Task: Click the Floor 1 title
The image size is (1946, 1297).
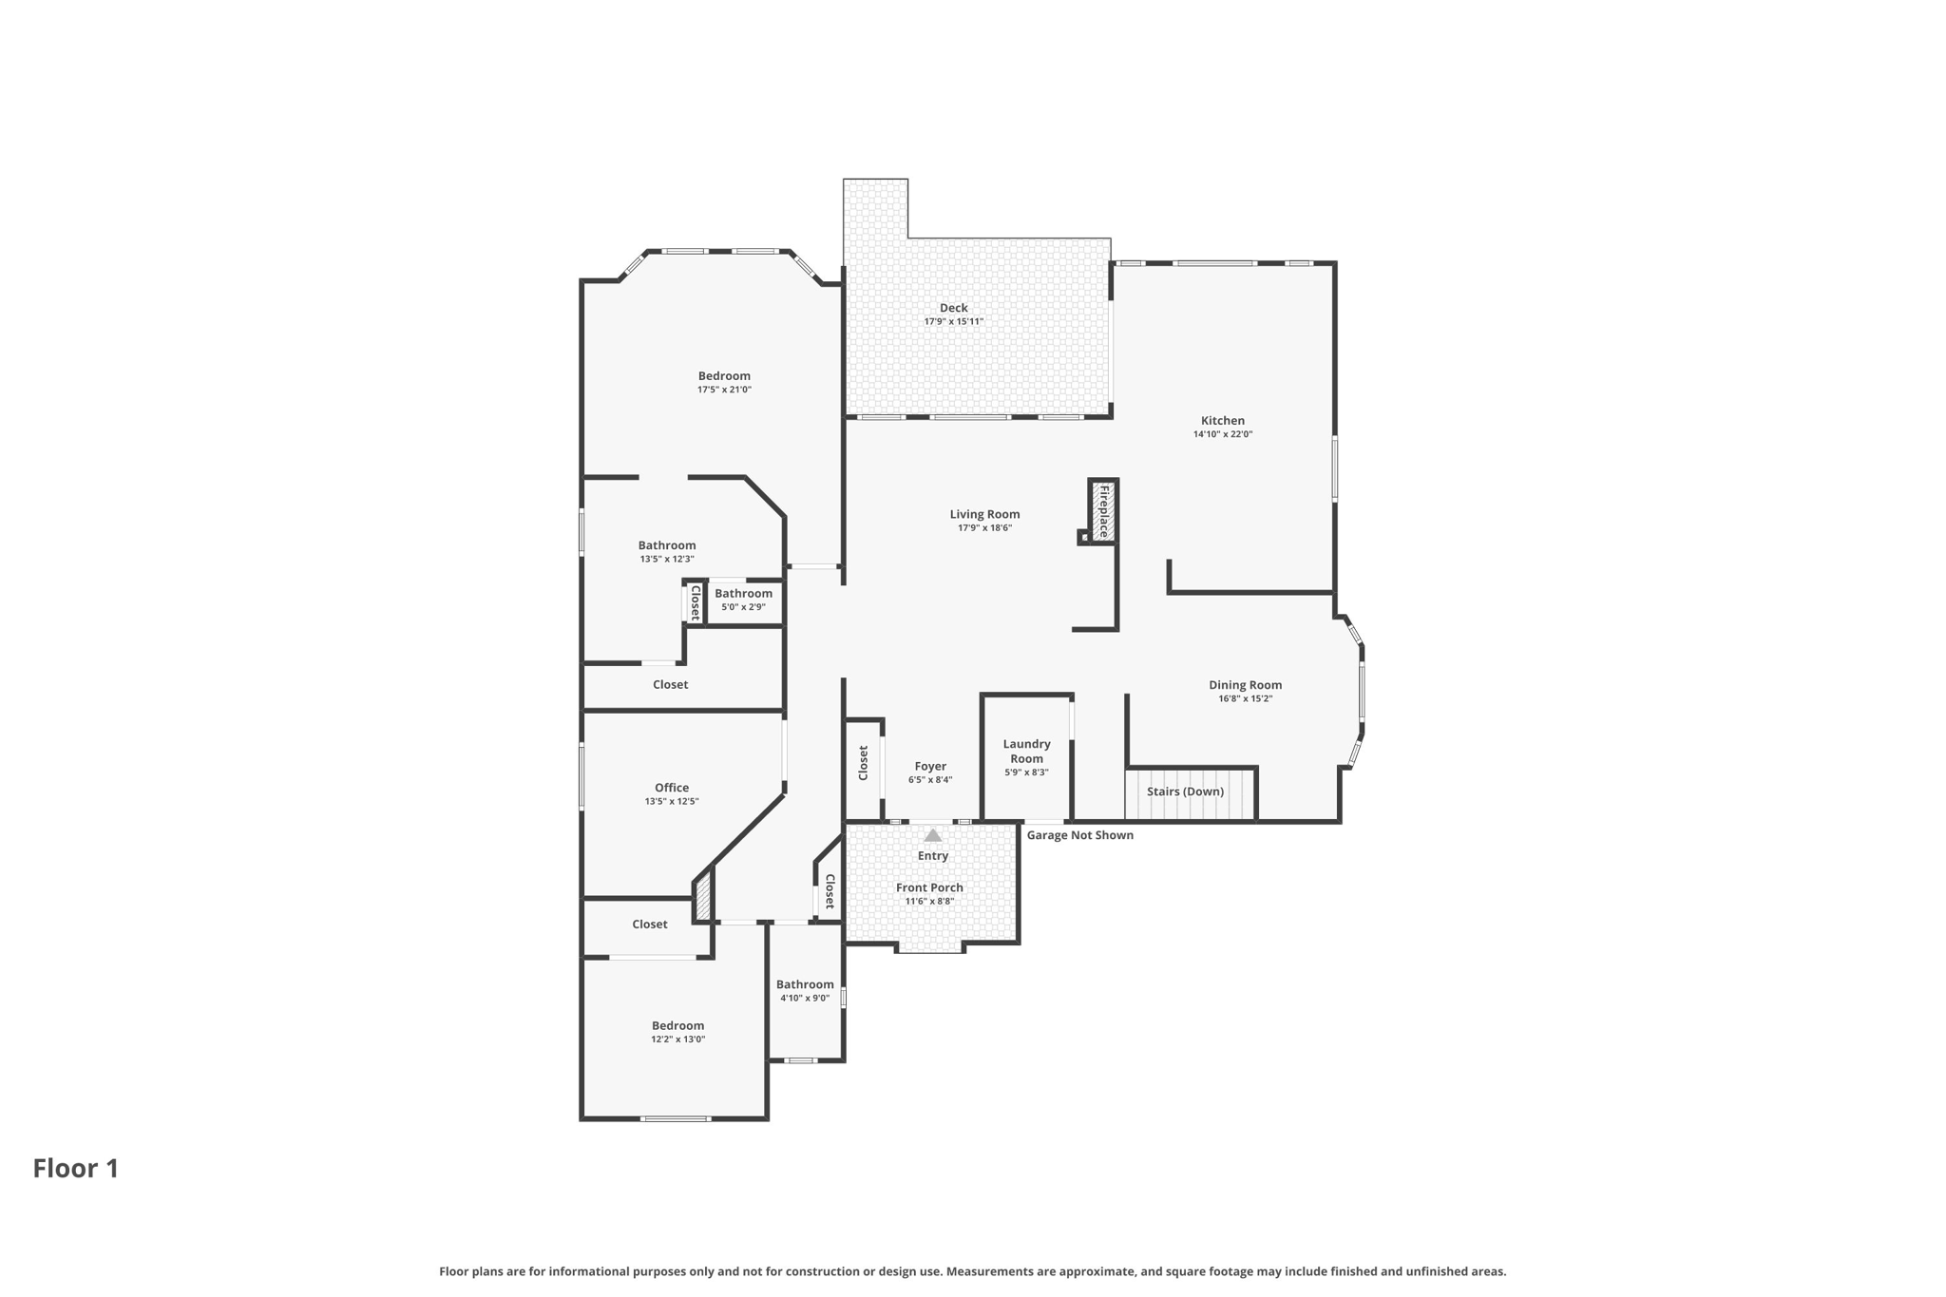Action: click(76, 1169)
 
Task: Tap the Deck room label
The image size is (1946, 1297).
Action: click(953, 308)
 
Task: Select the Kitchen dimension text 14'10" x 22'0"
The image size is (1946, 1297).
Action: click(1222, 434)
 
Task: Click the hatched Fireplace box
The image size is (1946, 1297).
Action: click(1103, 511)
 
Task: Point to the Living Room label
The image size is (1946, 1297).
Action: click(984, 515)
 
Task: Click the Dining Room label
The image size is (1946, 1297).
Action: click(1245, 685)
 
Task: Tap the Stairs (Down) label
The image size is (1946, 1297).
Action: click(1185, 792)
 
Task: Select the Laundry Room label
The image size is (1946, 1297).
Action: click(1026, 751)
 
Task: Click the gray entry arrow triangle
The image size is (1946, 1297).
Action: click(933, 835)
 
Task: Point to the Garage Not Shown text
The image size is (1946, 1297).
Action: click(1079, 835)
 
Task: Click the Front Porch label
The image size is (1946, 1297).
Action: click(929, 887)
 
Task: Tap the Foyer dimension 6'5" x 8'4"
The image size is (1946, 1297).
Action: click(929, 780)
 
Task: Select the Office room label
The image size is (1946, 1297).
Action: click(672, 788)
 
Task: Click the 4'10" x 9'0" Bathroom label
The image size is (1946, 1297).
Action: click(805, 984)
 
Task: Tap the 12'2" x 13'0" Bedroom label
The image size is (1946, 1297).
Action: click(677, 1026)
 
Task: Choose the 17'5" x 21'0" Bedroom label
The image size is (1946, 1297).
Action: click(724, 376)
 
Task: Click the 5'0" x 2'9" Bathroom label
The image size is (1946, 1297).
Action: click(743, 594)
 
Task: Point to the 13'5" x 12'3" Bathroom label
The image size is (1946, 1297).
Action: click(666, 545)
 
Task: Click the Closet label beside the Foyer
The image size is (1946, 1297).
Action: click(864, 763)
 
